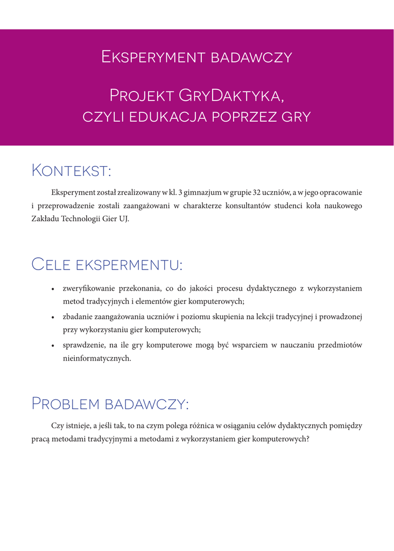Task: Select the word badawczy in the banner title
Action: coord(251,57)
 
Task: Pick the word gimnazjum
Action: coord(199,192)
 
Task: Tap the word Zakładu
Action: coord(45,219)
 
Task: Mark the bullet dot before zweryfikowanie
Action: coord(53,289)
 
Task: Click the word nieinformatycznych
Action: coord(97,358)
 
